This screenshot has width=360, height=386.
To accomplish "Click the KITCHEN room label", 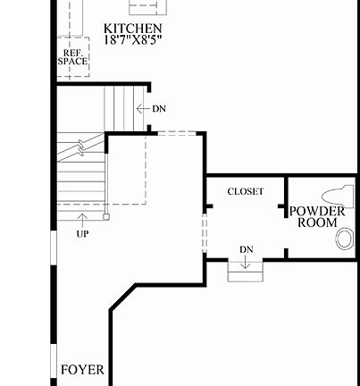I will click(x=132, y=29).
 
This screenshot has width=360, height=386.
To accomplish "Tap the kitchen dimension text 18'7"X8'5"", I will click(x=132, y=41).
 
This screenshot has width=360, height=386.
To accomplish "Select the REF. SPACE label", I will click(x=73, y=57).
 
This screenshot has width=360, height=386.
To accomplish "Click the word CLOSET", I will click(x=245, y=191).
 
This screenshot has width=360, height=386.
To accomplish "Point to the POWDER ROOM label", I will click(x=317, y=216).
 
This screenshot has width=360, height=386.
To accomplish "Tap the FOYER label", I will click(x=82, y=369).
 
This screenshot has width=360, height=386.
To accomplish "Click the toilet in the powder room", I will click(x=342, y=195).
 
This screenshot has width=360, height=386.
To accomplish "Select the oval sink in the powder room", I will click(x=345, y=239).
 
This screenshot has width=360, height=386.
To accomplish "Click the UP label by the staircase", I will click(x=82, y=234).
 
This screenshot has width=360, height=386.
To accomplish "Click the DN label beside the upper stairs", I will click(x=159, y=109).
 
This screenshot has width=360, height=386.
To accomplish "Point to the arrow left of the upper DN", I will click(x=142, y=109).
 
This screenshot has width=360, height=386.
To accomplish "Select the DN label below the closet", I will click(x=247, y=248).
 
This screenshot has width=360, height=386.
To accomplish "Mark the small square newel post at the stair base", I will click(x=105, y=215).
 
